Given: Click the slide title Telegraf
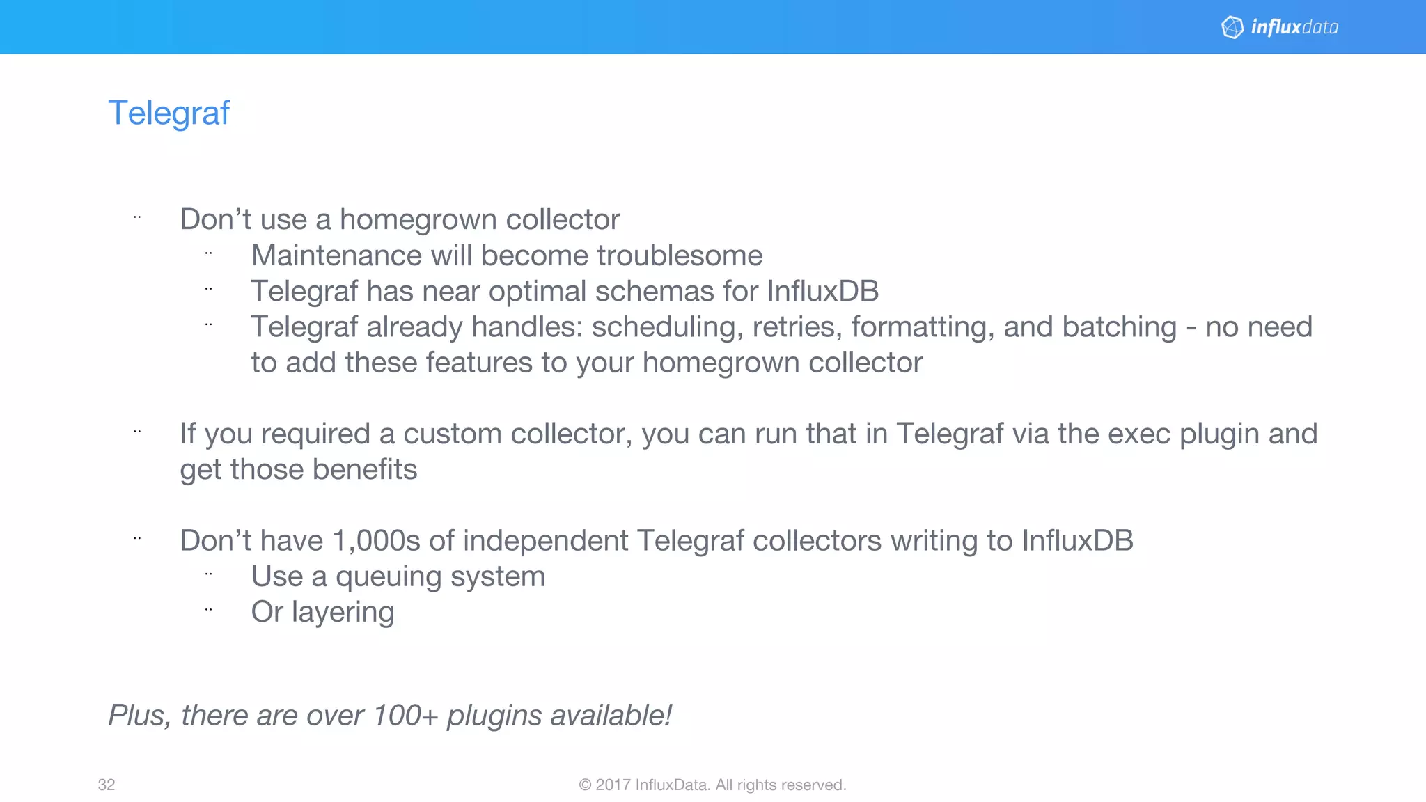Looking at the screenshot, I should click(169, 113).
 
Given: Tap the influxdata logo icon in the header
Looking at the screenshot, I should click(1232, 27).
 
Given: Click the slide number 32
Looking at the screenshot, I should click(107, 785).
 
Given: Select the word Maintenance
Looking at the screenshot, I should click(336, 255).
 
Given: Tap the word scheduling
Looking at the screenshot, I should click(666, 327).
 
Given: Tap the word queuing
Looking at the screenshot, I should click(393, 577).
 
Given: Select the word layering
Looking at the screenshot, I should click(343, 613).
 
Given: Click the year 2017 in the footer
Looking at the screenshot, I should click(613, 785).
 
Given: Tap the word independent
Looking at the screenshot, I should click(545, 541).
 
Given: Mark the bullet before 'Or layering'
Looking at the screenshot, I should click(208, 610).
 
